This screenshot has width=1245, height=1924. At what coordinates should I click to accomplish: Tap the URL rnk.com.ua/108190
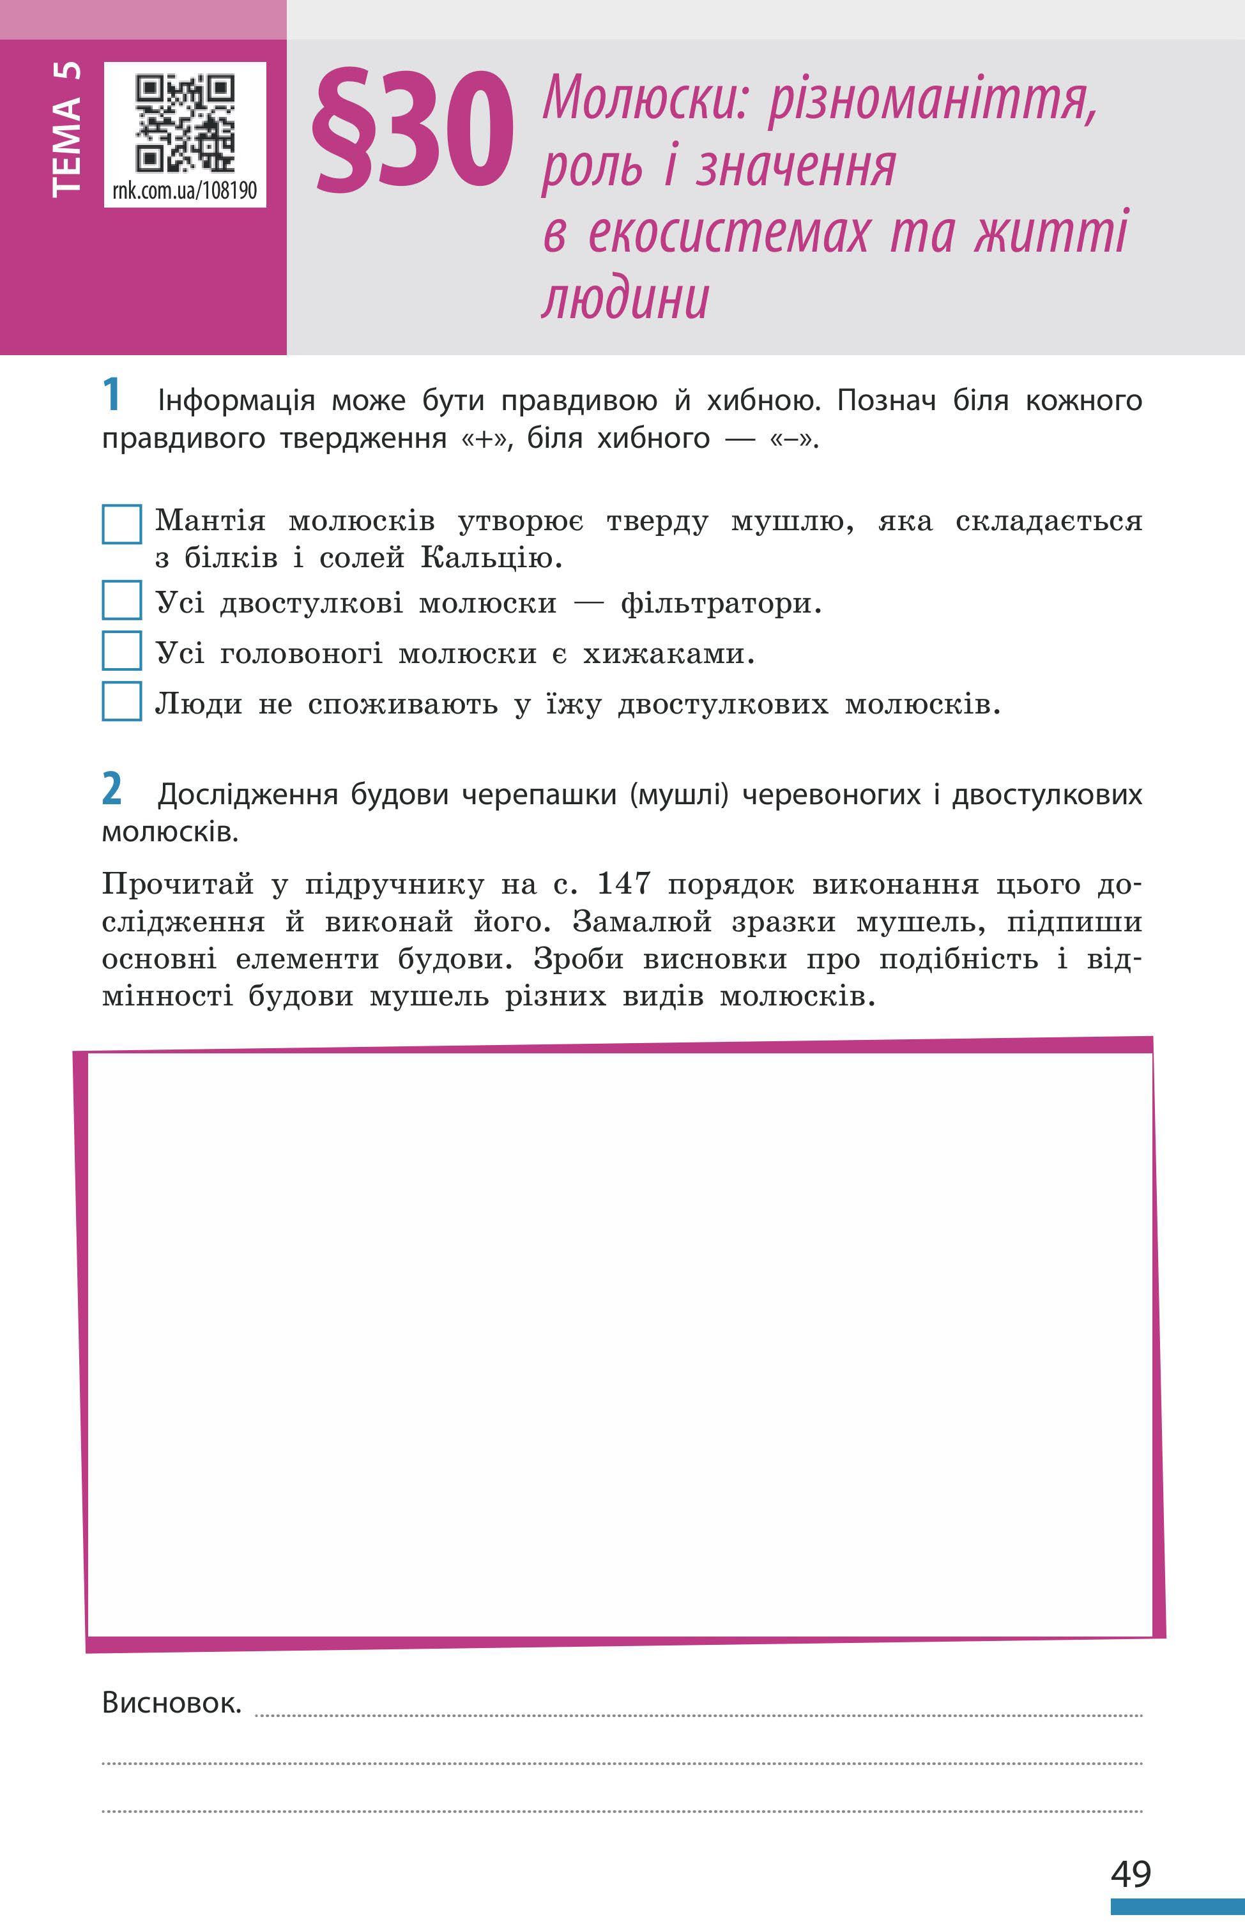pyautogui.click(x=185, y=191)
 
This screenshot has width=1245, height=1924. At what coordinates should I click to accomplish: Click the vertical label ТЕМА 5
pyautogui.click(x=66, y=129)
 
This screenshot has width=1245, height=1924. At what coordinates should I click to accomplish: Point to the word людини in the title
pyautogui.click(x=625, y=299)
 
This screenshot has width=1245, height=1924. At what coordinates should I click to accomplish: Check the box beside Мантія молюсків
pyautogui.click(x=122, y=524)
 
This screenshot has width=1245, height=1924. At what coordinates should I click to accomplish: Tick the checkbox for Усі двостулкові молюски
pyautogui.click(x=122, y=600)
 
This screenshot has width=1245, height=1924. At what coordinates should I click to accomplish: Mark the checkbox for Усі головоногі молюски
pyautogui.click(x=122, y=651)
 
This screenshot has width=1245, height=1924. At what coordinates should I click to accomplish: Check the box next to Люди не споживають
pyautogui.click(x=122, y=701)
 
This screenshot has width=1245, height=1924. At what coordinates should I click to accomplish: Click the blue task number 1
pyautogui.click(x=112, y=395)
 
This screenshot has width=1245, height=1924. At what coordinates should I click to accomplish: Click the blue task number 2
pyautogui.click(x=112, y=789)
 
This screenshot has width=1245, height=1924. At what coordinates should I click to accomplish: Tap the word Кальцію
pyautogui.click(x=491, y=558)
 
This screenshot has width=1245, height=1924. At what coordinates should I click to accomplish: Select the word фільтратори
pyautogui.click(x=721, y=603)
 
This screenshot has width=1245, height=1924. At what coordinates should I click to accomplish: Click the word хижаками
pyautogui.click(x=669, y=653)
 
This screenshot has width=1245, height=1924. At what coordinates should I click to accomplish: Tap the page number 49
pyautogui.click(x=1130, y=1872)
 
